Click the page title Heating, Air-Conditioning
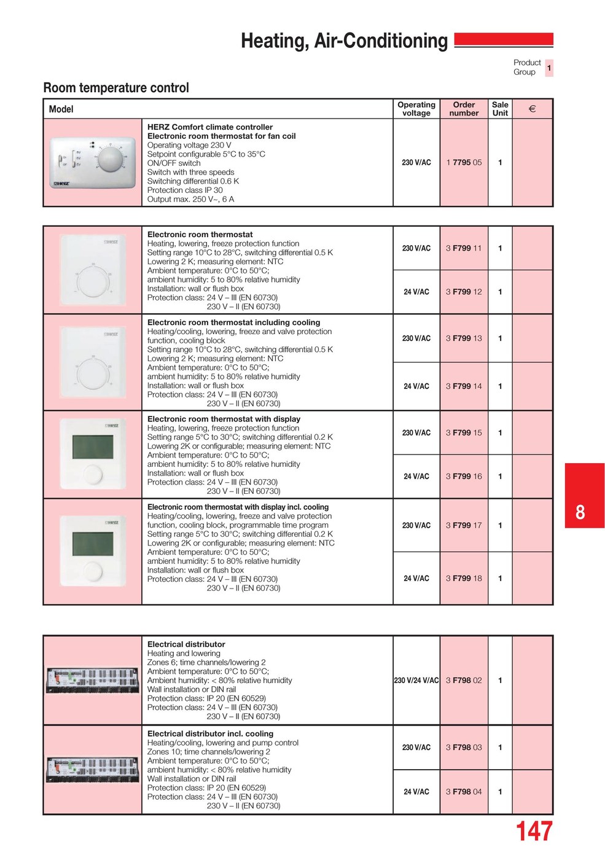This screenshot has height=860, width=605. (344, 41)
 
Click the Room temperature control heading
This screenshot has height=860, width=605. (116, 88)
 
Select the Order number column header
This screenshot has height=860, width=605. (464, 109)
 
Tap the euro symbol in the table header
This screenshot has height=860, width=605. (532, 109)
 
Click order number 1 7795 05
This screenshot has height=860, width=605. (464, 163)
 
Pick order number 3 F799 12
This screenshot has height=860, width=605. (464, 292)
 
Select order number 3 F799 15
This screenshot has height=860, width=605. (464, 433)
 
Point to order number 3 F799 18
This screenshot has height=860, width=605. (464, 579)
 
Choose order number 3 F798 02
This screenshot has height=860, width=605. (464, 681)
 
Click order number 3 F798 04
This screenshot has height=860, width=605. (464, 792)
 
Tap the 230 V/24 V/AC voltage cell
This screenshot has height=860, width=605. (416, 681)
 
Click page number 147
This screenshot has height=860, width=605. (534, 832)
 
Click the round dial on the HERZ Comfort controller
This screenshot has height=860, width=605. (111, 160)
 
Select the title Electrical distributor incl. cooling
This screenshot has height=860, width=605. (210, 734)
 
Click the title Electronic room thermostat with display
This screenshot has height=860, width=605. (224, 419)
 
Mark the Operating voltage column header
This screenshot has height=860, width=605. (416, 109)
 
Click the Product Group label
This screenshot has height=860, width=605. (526, 67)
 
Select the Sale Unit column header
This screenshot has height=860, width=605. (500, 109)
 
